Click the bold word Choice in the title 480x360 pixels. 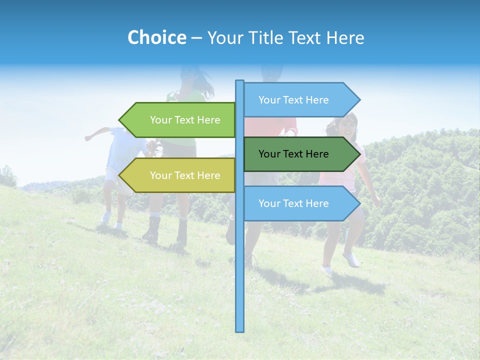coord(156,37)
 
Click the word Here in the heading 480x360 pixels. coord(345,37)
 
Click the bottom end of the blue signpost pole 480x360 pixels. coord(240,330)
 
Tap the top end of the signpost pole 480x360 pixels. coord(240,81)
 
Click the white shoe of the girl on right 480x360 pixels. coord(351,259)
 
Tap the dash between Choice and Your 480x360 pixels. coord(196,38)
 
